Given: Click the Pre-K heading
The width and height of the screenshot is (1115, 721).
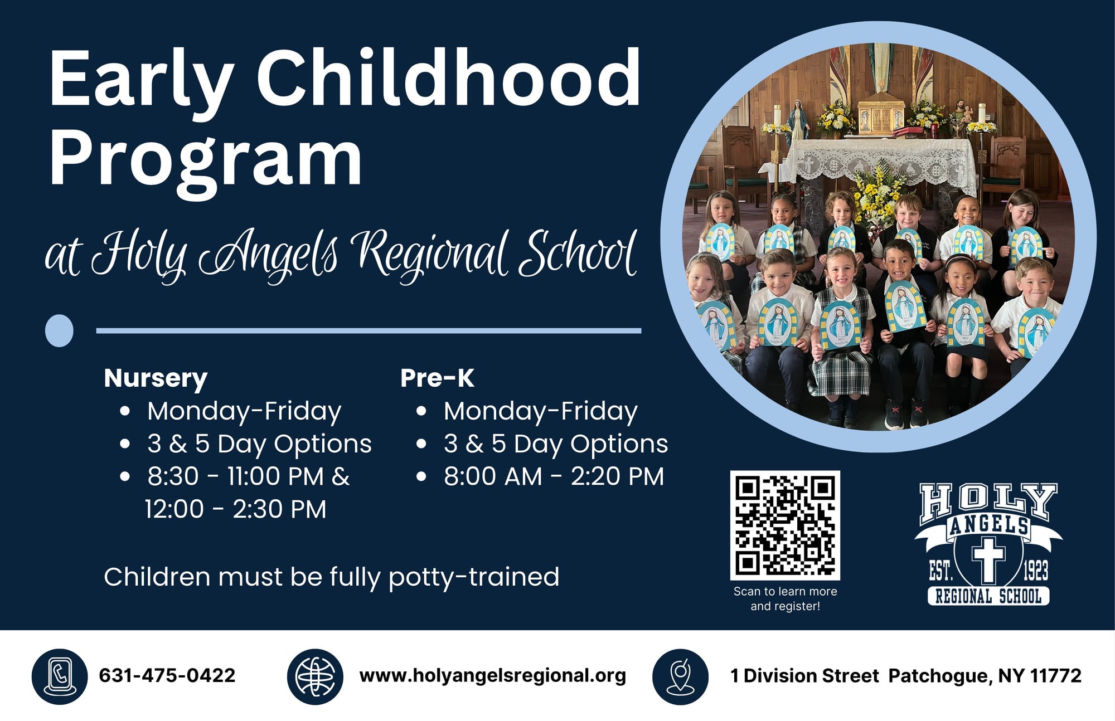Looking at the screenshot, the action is tap(437, 378).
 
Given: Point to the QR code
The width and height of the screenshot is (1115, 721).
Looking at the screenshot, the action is tap(785, 525).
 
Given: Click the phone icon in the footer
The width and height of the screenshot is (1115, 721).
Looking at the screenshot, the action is tap(59, 676).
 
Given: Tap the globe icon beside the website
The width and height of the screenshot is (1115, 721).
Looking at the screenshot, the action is tap(315, 676).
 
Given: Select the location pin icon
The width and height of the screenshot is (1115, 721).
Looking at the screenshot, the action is tap(680, 676).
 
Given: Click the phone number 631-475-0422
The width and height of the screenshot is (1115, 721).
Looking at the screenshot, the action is tap(167, 676).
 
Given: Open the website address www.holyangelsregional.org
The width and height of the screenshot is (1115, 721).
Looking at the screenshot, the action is tap(493, 676).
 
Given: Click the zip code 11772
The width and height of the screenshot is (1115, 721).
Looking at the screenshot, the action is tap(1056, 676).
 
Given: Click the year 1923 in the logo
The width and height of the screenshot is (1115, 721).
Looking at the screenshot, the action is tap(1035, 571).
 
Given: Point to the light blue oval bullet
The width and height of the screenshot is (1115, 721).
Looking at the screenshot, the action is tap(59, 331).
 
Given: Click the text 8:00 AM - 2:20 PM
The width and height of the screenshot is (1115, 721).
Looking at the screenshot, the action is tap(554, 477).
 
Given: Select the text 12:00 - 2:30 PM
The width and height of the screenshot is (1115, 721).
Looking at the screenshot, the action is tap(236, 509).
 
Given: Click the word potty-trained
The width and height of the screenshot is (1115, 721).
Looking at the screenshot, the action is tap(474, 577).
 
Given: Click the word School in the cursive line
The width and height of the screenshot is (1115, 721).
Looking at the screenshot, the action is tap(578, 254).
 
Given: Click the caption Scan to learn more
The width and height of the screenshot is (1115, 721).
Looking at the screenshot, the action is tap(785, 591).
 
